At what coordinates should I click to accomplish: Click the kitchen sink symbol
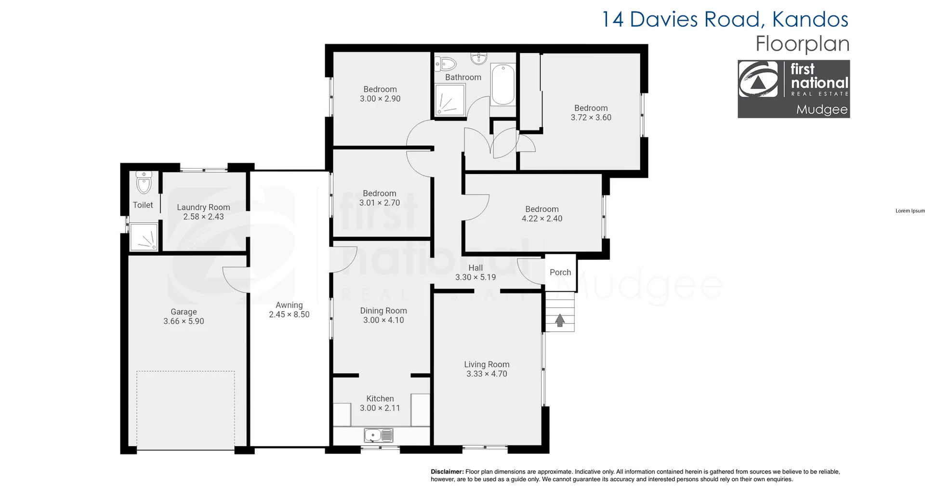tap(379, 435)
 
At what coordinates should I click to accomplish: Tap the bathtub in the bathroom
tap(503, 85)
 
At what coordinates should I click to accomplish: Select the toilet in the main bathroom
tap(446, 64)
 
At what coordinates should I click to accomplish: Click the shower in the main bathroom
tap(450, 100)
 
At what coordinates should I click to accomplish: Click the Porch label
tap(560, 272)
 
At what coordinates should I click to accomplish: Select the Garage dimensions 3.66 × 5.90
tap(184, 321)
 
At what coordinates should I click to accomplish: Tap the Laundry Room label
tap(203, 207)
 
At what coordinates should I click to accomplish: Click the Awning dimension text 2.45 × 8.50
tap(289, 315)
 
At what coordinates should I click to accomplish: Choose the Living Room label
tap(487, 365)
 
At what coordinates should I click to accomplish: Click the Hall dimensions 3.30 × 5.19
tap(476, 277)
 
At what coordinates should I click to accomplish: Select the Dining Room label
tap(383, 311)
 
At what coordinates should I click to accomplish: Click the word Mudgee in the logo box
tap(821, 109)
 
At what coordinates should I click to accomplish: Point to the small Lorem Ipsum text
tap(910, 211)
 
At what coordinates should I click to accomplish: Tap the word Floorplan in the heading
tap(802, 44)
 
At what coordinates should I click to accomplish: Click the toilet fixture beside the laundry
tap(144, 183)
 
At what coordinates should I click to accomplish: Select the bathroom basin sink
tap(479, 59)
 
